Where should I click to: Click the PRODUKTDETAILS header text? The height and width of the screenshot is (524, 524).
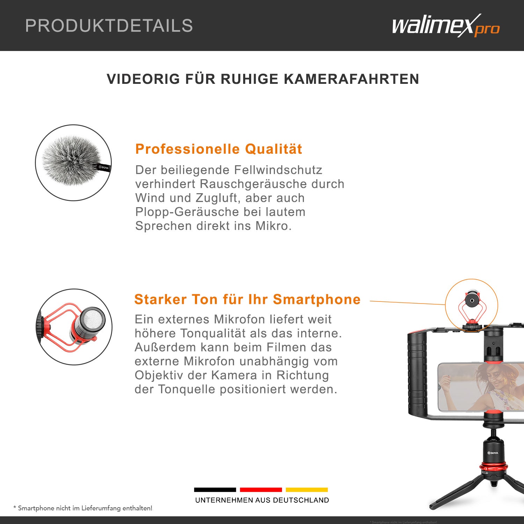click(x=109, y=26)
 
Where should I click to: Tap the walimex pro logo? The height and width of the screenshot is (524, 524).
click(x=445, y=26)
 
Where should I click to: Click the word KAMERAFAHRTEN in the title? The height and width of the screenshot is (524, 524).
click(x=351, y=79)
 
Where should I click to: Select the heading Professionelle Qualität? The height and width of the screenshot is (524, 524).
click(x=219, y=149)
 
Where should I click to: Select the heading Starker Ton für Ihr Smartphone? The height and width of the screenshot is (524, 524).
click(x=247, y=299)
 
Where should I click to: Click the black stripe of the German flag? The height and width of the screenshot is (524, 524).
click(x=215, y=490)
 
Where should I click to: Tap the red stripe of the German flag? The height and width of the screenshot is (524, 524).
click(x=261, y=490)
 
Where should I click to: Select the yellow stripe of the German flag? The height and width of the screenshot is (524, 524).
click(x=307, y=490)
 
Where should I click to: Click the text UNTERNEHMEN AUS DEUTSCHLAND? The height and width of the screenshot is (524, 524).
click(x=262, y=500)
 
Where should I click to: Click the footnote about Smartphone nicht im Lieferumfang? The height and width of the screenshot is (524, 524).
click(x=83, y=508)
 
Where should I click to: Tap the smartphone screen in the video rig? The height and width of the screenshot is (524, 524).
click(x=482, y=387)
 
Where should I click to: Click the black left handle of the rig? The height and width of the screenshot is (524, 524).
click(x=417, y=374)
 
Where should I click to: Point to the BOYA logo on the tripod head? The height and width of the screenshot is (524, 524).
click(x=493, y=453)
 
